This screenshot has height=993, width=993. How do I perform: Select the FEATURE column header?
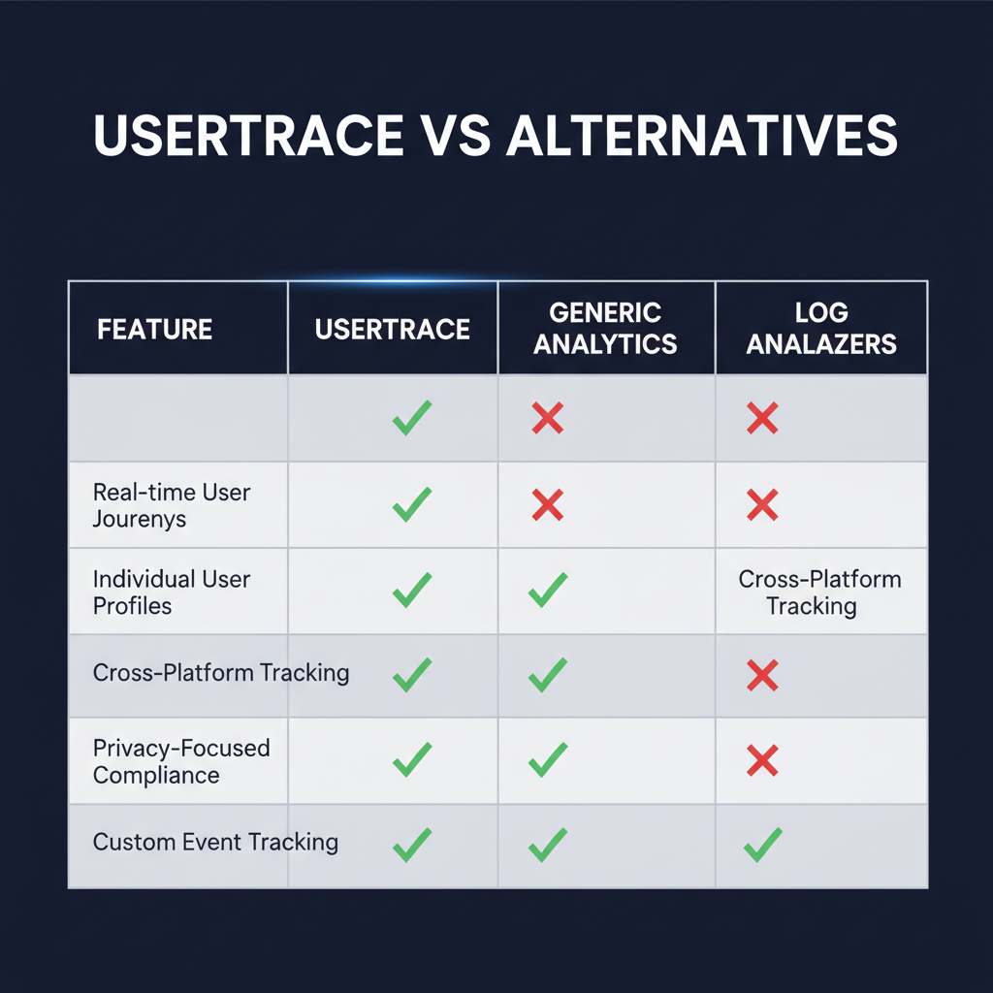click(154, 329)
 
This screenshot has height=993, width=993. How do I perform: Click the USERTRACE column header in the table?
click(392, 329)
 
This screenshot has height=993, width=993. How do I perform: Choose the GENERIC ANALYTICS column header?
click(605, 328)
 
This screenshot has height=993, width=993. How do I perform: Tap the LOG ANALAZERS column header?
click(821, 328)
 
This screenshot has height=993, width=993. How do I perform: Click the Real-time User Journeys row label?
click(172, 505)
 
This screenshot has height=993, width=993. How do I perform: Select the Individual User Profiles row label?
click(172, 593)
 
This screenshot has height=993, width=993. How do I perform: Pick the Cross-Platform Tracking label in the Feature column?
click(221, 673)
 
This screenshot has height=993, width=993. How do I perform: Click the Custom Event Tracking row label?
click(215, 841)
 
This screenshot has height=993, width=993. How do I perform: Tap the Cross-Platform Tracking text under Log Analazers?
click(820, 593)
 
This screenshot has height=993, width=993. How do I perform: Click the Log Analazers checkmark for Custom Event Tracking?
click(763, 846)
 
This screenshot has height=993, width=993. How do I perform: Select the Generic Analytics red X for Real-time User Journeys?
click(548, 504)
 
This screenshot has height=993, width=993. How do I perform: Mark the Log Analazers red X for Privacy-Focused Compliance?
click(763, 761)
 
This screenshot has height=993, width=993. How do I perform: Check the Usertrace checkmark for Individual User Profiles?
click(412, 590)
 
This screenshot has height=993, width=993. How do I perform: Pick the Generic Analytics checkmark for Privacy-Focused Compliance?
click(548, 759)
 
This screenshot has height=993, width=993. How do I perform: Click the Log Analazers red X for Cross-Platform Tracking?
click(763, 675)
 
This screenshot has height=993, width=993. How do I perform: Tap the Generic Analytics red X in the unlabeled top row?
click(548, 419)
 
